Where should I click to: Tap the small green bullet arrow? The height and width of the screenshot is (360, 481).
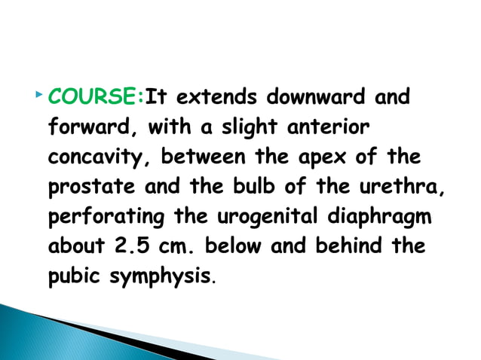[38, 96]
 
